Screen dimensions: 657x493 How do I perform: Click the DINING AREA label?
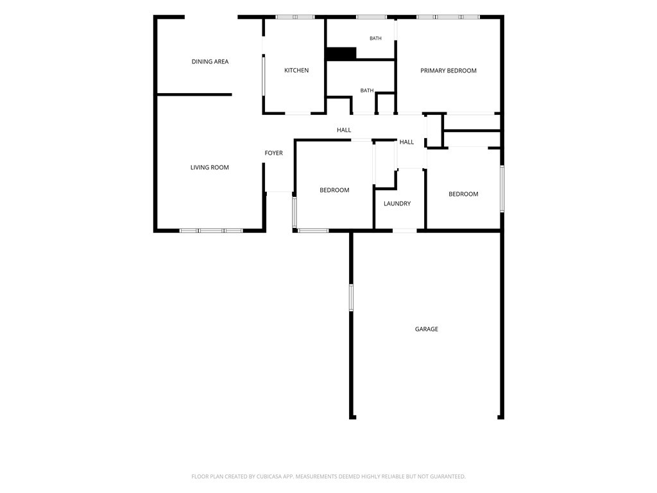[210, 62]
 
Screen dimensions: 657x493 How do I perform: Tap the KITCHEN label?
[296, 71]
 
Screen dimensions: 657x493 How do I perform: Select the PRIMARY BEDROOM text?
[448, 71]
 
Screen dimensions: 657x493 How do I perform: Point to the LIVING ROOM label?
[210, 168]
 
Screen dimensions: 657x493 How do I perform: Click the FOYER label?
[273, 153]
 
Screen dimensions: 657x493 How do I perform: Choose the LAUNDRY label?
[397, 203]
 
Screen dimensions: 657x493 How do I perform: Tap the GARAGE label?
[427, 329]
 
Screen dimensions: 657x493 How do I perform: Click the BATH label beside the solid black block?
[375, 39]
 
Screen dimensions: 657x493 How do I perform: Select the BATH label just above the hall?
[367, 91]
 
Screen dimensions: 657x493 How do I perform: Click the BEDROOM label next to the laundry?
[334, 190]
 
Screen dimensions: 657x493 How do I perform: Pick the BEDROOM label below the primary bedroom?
[463, 194]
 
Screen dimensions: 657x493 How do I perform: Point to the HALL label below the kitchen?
[344, 130]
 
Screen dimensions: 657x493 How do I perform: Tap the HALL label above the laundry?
[406, 142]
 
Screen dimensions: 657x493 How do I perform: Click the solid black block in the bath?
[341, 54]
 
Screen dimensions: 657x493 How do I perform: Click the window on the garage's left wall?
[351, 298]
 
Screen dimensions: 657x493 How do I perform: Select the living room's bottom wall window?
[211, 230]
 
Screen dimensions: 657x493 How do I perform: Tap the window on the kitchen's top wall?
[295, 17]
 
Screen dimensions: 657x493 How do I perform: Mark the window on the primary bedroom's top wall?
[448, 17]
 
